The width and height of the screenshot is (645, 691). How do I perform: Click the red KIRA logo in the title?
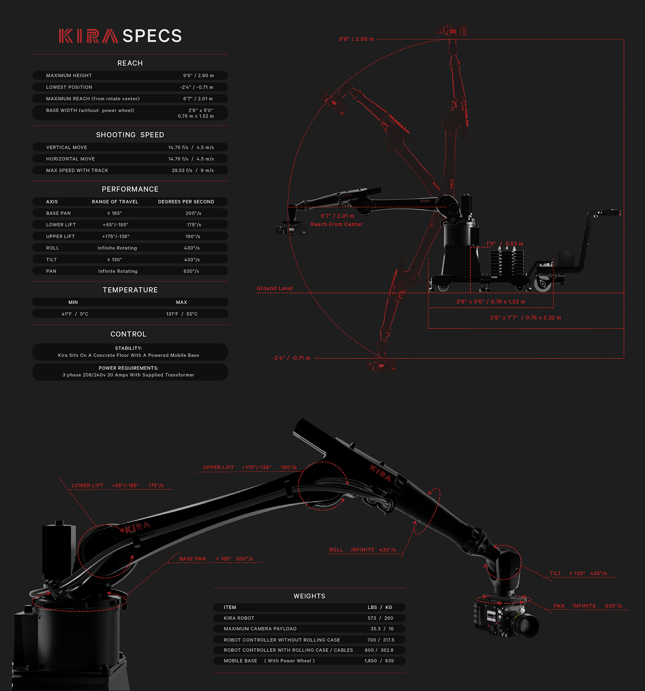click(x=88, y=36)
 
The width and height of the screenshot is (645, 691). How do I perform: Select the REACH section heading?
click(x=130, y=63)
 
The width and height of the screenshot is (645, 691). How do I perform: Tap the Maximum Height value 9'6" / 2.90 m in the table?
click(x=198, y=76)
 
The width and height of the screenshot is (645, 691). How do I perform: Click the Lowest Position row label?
click(x=69, y=87)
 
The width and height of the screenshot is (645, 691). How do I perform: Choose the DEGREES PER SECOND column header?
click(x=186, y=202)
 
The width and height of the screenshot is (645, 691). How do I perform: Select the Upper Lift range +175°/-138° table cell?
click(x=116, y=237)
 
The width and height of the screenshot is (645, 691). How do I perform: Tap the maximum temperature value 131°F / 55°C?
click(x=182, y=314)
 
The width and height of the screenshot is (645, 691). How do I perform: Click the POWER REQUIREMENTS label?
click(x=128, y=368)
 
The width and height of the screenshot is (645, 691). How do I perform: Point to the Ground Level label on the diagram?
click(x=274, y=289)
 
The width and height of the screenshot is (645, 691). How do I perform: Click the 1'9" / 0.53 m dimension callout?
click(x=504, y=244)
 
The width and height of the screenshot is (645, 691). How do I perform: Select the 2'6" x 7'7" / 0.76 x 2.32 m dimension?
click(x=526, y=318)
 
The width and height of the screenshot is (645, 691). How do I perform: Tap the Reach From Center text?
click(x=337, y=224)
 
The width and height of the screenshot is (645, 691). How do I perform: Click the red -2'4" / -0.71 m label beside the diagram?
click(x=291, y=358)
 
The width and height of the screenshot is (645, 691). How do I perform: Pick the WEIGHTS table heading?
click(x=309, y=596)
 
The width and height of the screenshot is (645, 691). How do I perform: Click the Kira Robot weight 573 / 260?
click(x=380, y=618)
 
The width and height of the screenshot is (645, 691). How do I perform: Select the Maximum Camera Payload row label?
click(x=260, y=629)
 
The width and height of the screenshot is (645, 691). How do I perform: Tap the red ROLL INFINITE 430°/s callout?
click(x=362, y=550)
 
